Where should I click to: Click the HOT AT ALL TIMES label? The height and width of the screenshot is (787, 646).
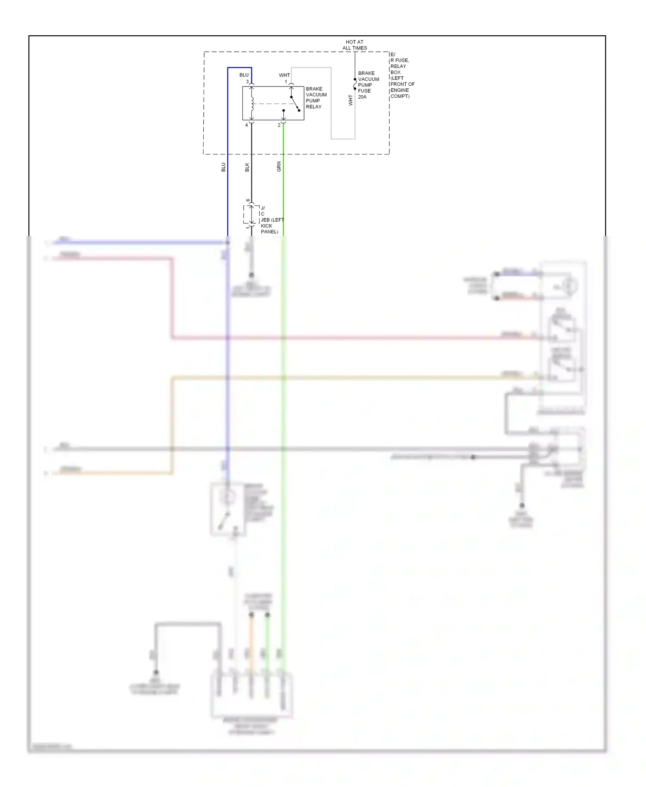[354, 45]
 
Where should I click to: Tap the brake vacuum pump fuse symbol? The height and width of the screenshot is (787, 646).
[355, 84]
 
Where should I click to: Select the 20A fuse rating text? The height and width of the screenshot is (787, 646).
[362, 97]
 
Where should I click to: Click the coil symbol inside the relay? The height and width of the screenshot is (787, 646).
[252, 103]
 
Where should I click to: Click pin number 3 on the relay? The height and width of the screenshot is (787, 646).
[247, 81]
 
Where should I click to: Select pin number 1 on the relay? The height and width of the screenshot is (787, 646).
[286, 81]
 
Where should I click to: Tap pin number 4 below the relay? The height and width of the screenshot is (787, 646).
[246, 125]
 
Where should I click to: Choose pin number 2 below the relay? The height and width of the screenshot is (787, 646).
[279, 125]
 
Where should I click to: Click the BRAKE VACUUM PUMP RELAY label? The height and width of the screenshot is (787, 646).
[316, 98]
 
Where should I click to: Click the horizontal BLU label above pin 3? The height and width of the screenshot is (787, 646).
[244, 75]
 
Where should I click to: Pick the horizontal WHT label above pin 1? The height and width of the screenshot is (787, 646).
[284, 75]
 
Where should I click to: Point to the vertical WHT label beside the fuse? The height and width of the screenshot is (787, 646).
[351, 100]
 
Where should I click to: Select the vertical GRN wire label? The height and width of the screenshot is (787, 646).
[279, 167]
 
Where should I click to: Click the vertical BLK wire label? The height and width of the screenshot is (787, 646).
[247, 167]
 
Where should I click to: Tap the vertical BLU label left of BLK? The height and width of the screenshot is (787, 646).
[224, 167]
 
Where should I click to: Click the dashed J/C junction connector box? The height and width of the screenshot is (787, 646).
[251, 214]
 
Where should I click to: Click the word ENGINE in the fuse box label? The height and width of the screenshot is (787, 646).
[400, 90]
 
